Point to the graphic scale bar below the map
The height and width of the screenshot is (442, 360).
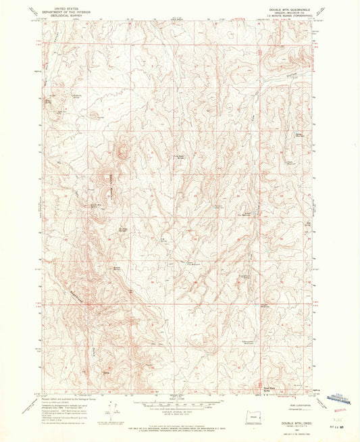click(180, 405)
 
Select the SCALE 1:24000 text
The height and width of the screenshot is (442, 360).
click(180, 400)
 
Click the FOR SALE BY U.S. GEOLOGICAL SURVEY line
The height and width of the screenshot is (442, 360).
click(180, 423)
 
